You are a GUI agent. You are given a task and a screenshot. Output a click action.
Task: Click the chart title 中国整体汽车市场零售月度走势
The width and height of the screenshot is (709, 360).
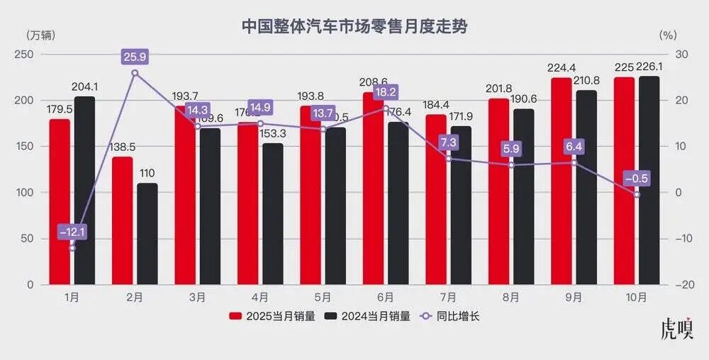coord(354,26)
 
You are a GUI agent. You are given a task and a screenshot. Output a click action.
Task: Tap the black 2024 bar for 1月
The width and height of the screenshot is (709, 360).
coord(84,191)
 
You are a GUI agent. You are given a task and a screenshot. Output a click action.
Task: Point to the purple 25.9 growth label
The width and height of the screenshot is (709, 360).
coord(135,55)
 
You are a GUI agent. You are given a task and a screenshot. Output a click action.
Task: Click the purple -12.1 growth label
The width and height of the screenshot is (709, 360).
coord(72,231)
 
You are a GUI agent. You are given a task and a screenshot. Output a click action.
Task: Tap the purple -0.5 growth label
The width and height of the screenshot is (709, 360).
coord(636,178)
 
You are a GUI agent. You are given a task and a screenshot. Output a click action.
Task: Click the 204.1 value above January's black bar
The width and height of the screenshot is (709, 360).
coord(84,87)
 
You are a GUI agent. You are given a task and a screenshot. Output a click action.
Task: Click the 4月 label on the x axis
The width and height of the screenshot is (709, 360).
coord(259,298)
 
